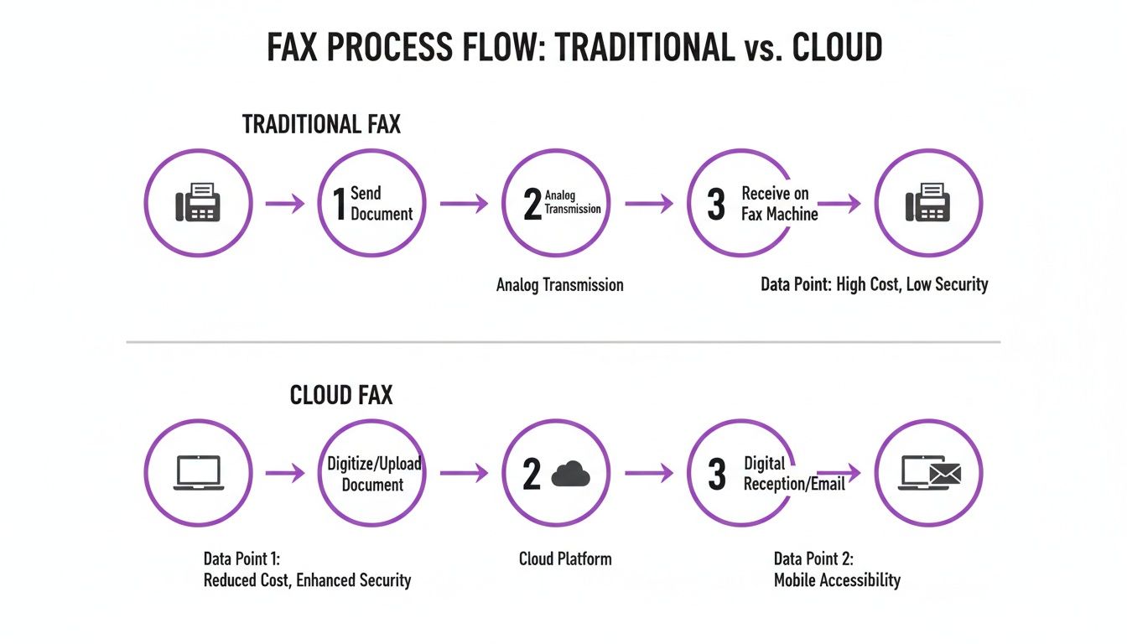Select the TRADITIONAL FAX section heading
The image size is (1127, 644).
tap(321, 125)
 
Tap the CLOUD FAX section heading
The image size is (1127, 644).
tap(340, 395)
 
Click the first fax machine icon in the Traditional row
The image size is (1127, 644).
tap(198, 203)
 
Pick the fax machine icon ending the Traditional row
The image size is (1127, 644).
tap(927, 203)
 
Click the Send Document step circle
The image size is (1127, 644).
tap(373, 203)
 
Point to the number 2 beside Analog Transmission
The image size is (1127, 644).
tap(532, 205)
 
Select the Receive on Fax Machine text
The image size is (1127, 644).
tap(779, 204)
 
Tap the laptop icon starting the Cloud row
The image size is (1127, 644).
tap(198, 473)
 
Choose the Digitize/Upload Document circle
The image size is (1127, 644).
tap(373, 474)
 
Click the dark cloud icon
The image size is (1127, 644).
tap(571, 475)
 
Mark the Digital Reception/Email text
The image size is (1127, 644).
tap(794, 474)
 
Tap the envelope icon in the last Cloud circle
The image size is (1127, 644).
tap(945, 475)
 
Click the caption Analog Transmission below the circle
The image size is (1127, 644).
tap(559, 285)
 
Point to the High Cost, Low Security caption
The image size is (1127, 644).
tap(874, 284)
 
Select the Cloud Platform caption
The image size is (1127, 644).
tap(564, 558)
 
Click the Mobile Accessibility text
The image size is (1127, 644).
tap(836, 579)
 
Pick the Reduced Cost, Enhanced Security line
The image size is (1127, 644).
tap(307, 579)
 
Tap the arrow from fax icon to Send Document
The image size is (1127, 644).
tap(285, 203)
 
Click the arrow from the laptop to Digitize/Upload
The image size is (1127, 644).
tap(285, 474)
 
